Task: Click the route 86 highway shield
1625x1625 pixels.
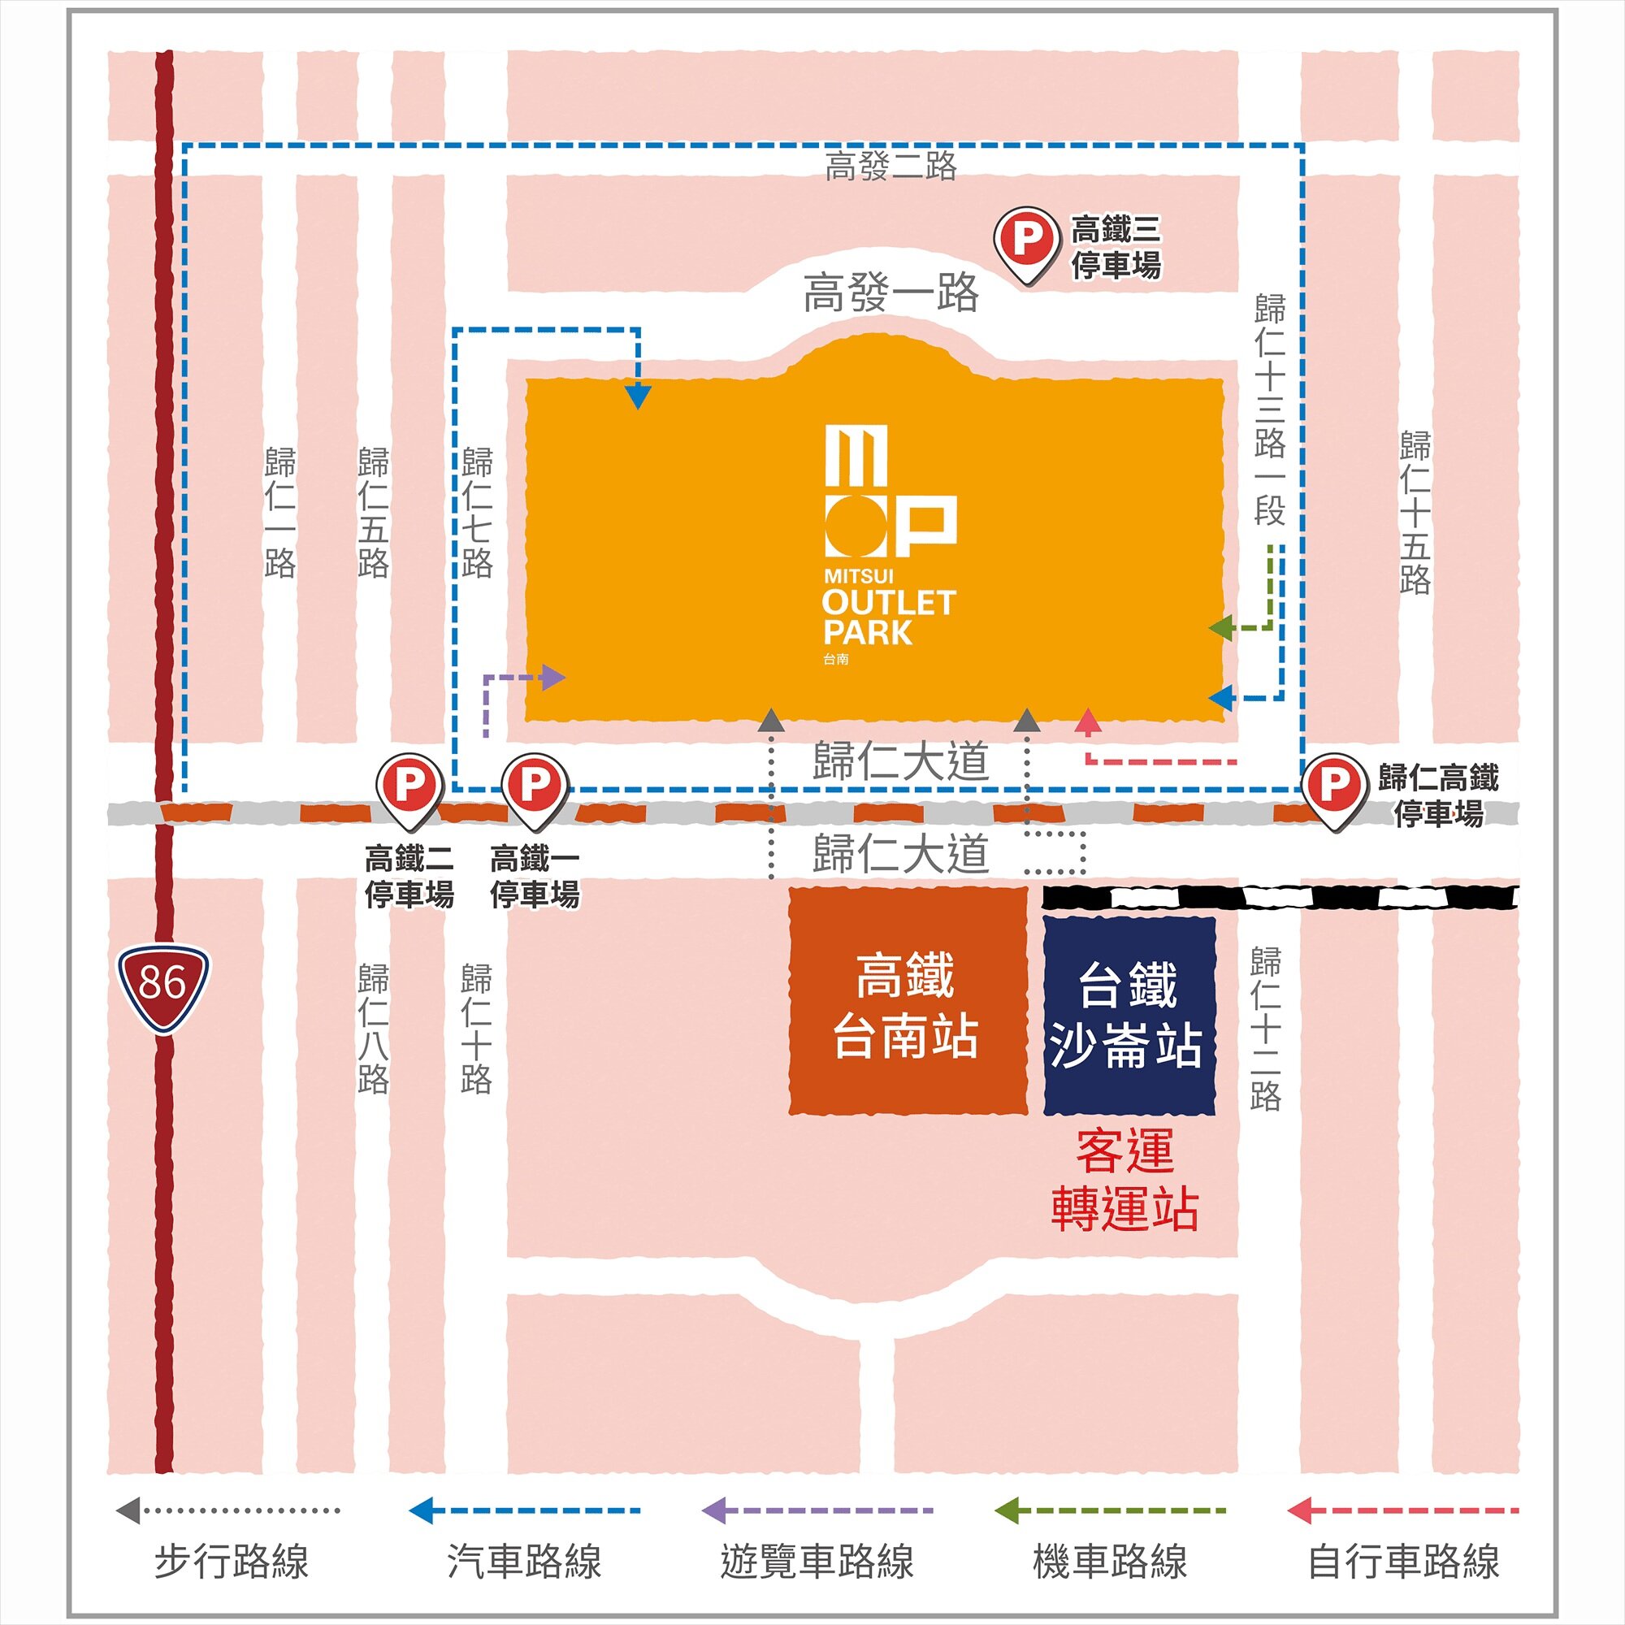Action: [x=162, y=983]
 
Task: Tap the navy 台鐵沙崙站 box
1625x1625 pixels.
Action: [x=1129, y=1014]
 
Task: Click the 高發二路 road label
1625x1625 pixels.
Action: [x=890, y=167]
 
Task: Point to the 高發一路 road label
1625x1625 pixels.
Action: [x=890, y=292]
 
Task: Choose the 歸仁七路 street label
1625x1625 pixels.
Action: [x=477, y=513]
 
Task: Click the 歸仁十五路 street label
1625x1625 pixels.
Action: [x=1415, y=513]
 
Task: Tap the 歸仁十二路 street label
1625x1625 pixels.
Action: [x=1265, y=1028]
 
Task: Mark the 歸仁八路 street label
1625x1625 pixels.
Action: [x=374, y=1028]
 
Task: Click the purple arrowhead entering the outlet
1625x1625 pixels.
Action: [x=553, y=677]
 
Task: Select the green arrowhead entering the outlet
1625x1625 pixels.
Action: [x=1220, y=627]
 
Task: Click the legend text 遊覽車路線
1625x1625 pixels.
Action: [x=817, y=1562]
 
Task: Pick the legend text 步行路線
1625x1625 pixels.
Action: [x=232, y=1562]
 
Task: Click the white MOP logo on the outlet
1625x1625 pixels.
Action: [x=890, y=492]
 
